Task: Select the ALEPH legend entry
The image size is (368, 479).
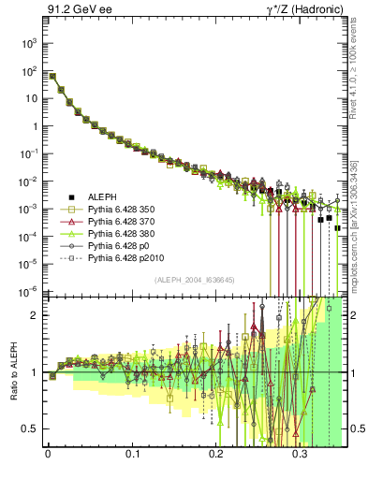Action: coord(102,196)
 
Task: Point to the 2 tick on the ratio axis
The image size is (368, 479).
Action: coord(37,315)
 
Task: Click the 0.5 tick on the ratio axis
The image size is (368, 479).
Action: coord(32,428)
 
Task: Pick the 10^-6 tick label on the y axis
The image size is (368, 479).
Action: coord(28,292)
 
